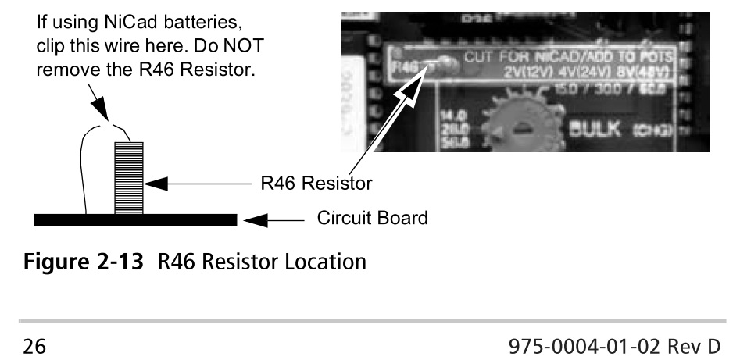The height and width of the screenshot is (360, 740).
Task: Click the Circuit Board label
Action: pos(373,218)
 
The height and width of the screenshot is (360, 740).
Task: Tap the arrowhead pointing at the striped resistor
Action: pos(156,184)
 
